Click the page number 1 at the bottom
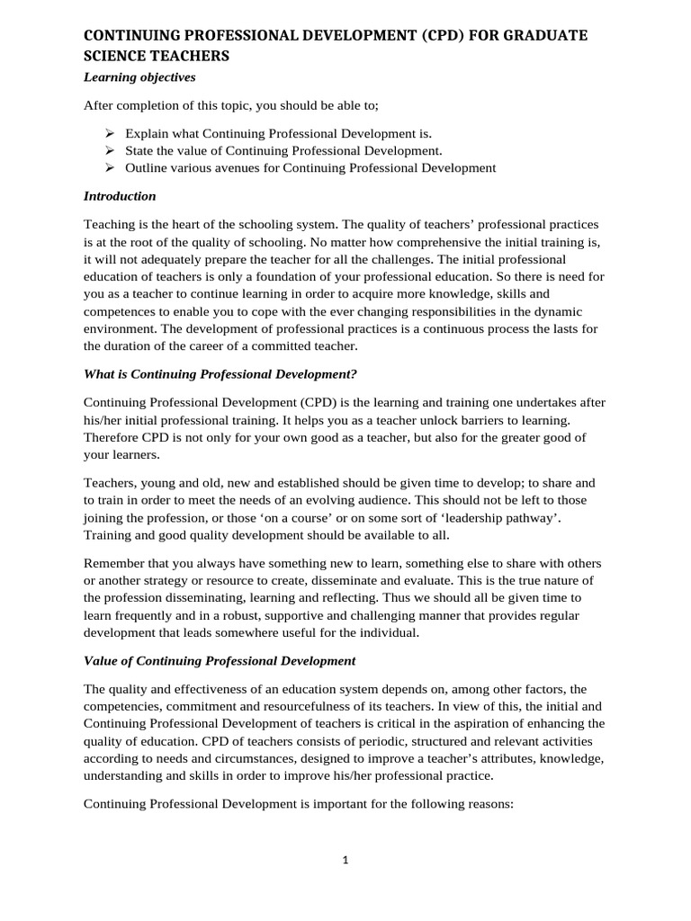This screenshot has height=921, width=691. click(345, 860)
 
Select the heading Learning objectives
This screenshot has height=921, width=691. click(139, 77)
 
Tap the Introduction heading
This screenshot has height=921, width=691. click(120, 195)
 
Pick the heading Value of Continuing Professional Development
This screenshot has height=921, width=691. click(220, 660)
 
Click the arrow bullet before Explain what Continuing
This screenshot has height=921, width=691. click(108, 131)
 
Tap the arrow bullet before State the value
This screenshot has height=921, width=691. click(108, 149)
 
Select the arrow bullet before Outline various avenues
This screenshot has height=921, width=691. click(108, 167)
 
